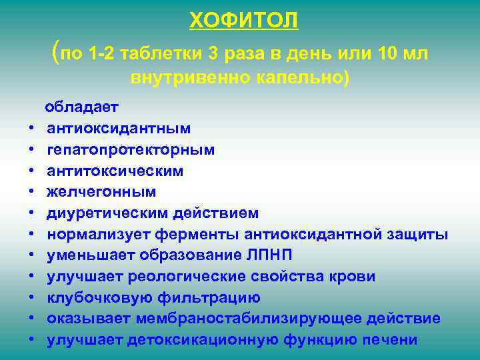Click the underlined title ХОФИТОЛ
243,21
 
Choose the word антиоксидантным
119,128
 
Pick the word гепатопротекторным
131,149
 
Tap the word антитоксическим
115,171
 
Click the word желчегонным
101,192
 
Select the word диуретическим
108,213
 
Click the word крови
351,276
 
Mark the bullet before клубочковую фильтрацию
32,298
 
